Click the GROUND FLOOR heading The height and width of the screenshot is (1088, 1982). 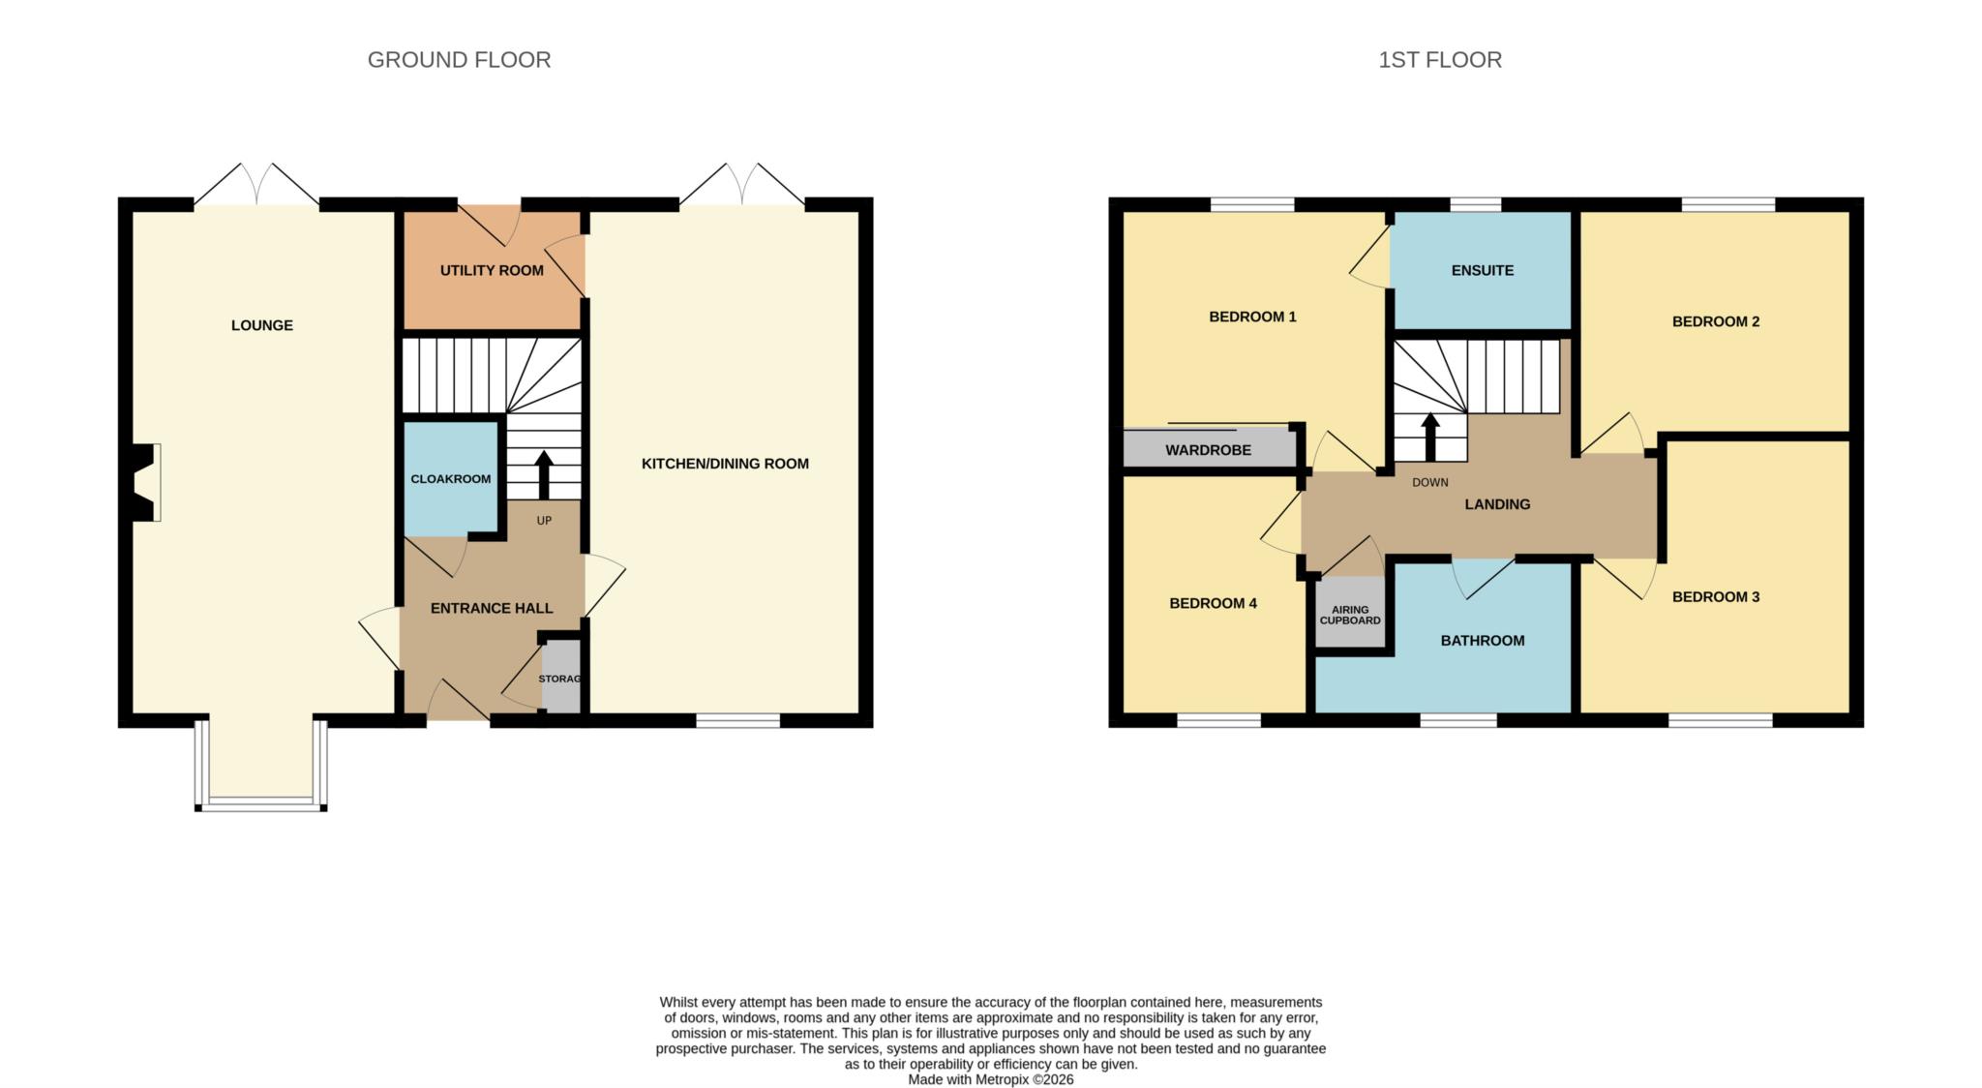coord(459,60)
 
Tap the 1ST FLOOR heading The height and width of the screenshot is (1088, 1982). coord(1440,60)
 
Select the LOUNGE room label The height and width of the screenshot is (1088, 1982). coord(262,325)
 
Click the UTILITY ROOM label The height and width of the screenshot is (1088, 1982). coord(492,270)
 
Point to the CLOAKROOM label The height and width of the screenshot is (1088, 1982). coord(451,479)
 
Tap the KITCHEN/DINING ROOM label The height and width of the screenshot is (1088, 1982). coord(725,464)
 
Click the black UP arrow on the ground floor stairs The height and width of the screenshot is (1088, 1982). coord(544,474)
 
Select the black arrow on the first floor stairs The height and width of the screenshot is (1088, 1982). coord(1430,438)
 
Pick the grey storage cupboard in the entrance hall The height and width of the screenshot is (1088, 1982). coord(561,677)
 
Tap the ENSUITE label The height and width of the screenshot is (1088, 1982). coord(1483,270)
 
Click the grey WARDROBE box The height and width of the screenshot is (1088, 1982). coord(1209,449)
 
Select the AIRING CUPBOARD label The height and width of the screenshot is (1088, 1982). coord(1350,615)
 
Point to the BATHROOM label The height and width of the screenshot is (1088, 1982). coord(1483,640)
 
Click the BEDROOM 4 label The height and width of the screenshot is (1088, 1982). coord(1214,603)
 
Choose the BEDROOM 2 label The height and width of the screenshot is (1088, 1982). coord(1716,321)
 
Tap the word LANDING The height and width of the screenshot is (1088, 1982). coord(1497,504)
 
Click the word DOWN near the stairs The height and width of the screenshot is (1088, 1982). coord(1430,482)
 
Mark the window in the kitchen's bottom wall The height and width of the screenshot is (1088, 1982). coord(738,720)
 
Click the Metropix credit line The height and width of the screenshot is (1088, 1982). coord(991,1079)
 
